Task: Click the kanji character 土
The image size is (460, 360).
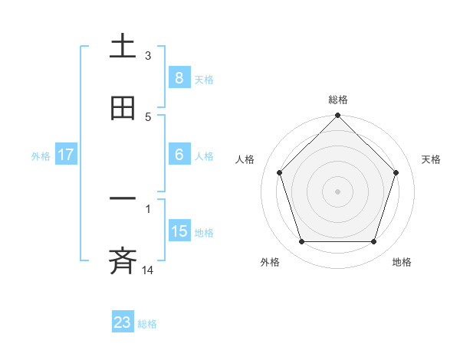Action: (x=123, y=47)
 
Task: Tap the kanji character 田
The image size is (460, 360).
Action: (x=123, y=109)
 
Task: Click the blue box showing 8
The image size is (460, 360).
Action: (x=179, y=78)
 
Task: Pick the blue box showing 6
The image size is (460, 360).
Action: (x=179, y=155)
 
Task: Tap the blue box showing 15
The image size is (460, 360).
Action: (x=179, y=231)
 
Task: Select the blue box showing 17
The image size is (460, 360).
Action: (x=66, y=155)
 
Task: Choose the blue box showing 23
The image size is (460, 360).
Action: (x=123, y=322)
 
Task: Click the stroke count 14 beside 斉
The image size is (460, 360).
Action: (x=149, y=270)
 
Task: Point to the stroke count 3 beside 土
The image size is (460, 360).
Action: (x=148, y=56)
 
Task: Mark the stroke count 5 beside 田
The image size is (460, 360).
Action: (x=148, y=117)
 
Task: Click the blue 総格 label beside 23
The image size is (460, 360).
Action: (x=147, y=324)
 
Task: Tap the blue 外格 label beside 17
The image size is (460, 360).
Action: (x=41, y=155)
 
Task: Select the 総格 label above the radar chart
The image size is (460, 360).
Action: (x=338, y=100)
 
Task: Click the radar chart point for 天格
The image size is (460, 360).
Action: (x=396, y=172)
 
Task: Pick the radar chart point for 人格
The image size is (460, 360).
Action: (x=280, y=172)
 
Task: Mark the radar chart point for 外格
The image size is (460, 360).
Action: (x=302, y=242)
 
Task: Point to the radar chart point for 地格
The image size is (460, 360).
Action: (x=373, y=242)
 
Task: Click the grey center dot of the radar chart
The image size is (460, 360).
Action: (x=338, y=191)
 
